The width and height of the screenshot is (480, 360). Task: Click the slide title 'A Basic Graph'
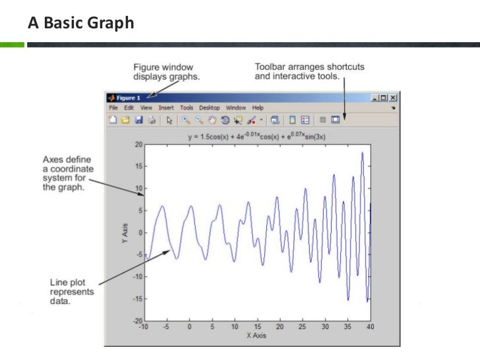[80, 24]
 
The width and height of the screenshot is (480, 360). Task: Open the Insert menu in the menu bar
[166, 107]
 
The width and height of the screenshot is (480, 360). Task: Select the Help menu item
[258, 107]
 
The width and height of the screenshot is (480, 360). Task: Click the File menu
[113, 107]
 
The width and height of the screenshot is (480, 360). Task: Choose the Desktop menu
[210, 107]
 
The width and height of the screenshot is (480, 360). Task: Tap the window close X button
[393, 98]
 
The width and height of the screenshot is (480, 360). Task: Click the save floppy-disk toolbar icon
[139, 120]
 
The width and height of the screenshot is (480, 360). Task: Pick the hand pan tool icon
[212, 120]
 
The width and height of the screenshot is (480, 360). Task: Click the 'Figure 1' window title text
[129, 98]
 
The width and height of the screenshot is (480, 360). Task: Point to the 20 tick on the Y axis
[138, 144]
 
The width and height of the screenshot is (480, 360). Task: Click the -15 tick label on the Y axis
[136, 299]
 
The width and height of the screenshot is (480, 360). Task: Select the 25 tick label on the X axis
[303, 327]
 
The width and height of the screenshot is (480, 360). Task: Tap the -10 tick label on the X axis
[144, 327]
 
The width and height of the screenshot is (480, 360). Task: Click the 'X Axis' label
[256, 335]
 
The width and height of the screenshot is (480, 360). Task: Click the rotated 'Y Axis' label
[124, 233]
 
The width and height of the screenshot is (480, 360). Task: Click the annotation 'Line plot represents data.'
[73, 291]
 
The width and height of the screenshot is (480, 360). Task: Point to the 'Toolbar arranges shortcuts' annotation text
[309, 71]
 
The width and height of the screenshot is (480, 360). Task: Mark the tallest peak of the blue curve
[362, 153]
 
